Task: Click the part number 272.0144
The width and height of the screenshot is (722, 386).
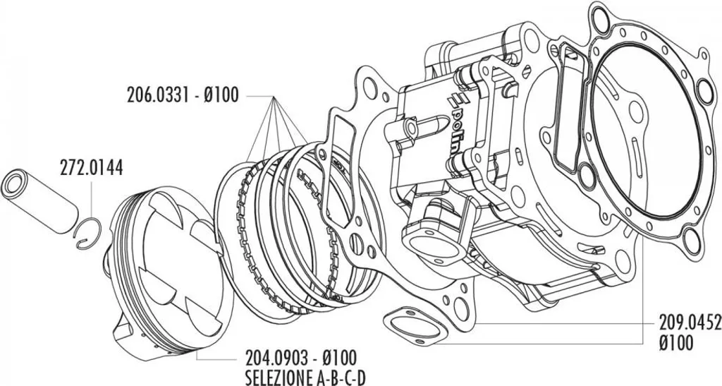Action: point(91,169)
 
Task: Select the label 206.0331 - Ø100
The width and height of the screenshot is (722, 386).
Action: point(183,95)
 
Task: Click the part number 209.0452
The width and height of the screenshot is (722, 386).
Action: point(690,324)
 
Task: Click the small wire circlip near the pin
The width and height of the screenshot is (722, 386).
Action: point(88,233)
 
